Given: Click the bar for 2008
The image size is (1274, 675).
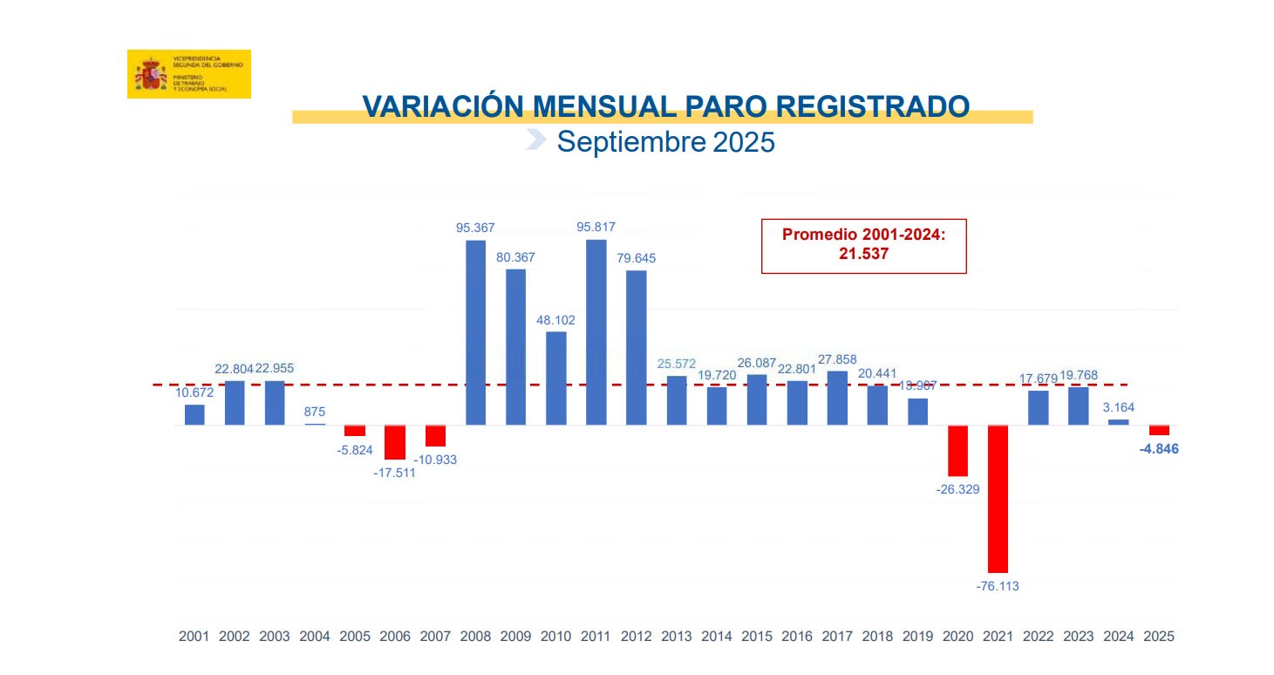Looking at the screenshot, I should coord(475,332).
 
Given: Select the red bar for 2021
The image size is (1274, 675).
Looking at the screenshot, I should coord(998,498).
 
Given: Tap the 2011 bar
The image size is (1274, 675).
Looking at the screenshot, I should coord(596,332).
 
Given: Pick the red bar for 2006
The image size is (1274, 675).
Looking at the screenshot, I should coord(395,442).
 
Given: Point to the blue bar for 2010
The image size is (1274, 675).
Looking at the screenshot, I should coord(555,378).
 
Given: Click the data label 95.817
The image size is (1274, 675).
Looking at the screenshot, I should coord(596,227).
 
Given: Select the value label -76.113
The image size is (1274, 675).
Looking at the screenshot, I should coord(998,586).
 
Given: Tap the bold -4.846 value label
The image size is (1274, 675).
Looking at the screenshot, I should coord(1159,450).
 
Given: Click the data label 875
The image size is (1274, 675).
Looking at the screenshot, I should coord(315,412).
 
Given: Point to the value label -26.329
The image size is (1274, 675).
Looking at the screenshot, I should coord(957,489).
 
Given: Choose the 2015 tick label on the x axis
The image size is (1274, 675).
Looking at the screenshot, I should coord(757,637).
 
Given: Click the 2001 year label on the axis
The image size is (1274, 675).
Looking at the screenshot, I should coord(194,637).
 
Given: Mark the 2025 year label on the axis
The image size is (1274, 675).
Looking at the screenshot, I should coord(1159,637).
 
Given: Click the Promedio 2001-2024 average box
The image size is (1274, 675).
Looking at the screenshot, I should coord(863,246).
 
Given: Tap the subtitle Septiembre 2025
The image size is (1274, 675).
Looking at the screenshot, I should coord(665,141).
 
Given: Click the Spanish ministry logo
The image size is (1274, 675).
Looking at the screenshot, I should coord(188,74).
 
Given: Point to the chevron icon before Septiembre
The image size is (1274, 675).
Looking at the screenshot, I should coord(536,140).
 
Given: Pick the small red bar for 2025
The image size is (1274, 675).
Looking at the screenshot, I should coord(1159,430).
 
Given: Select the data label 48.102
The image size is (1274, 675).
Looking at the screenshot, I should coord(555,320).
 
